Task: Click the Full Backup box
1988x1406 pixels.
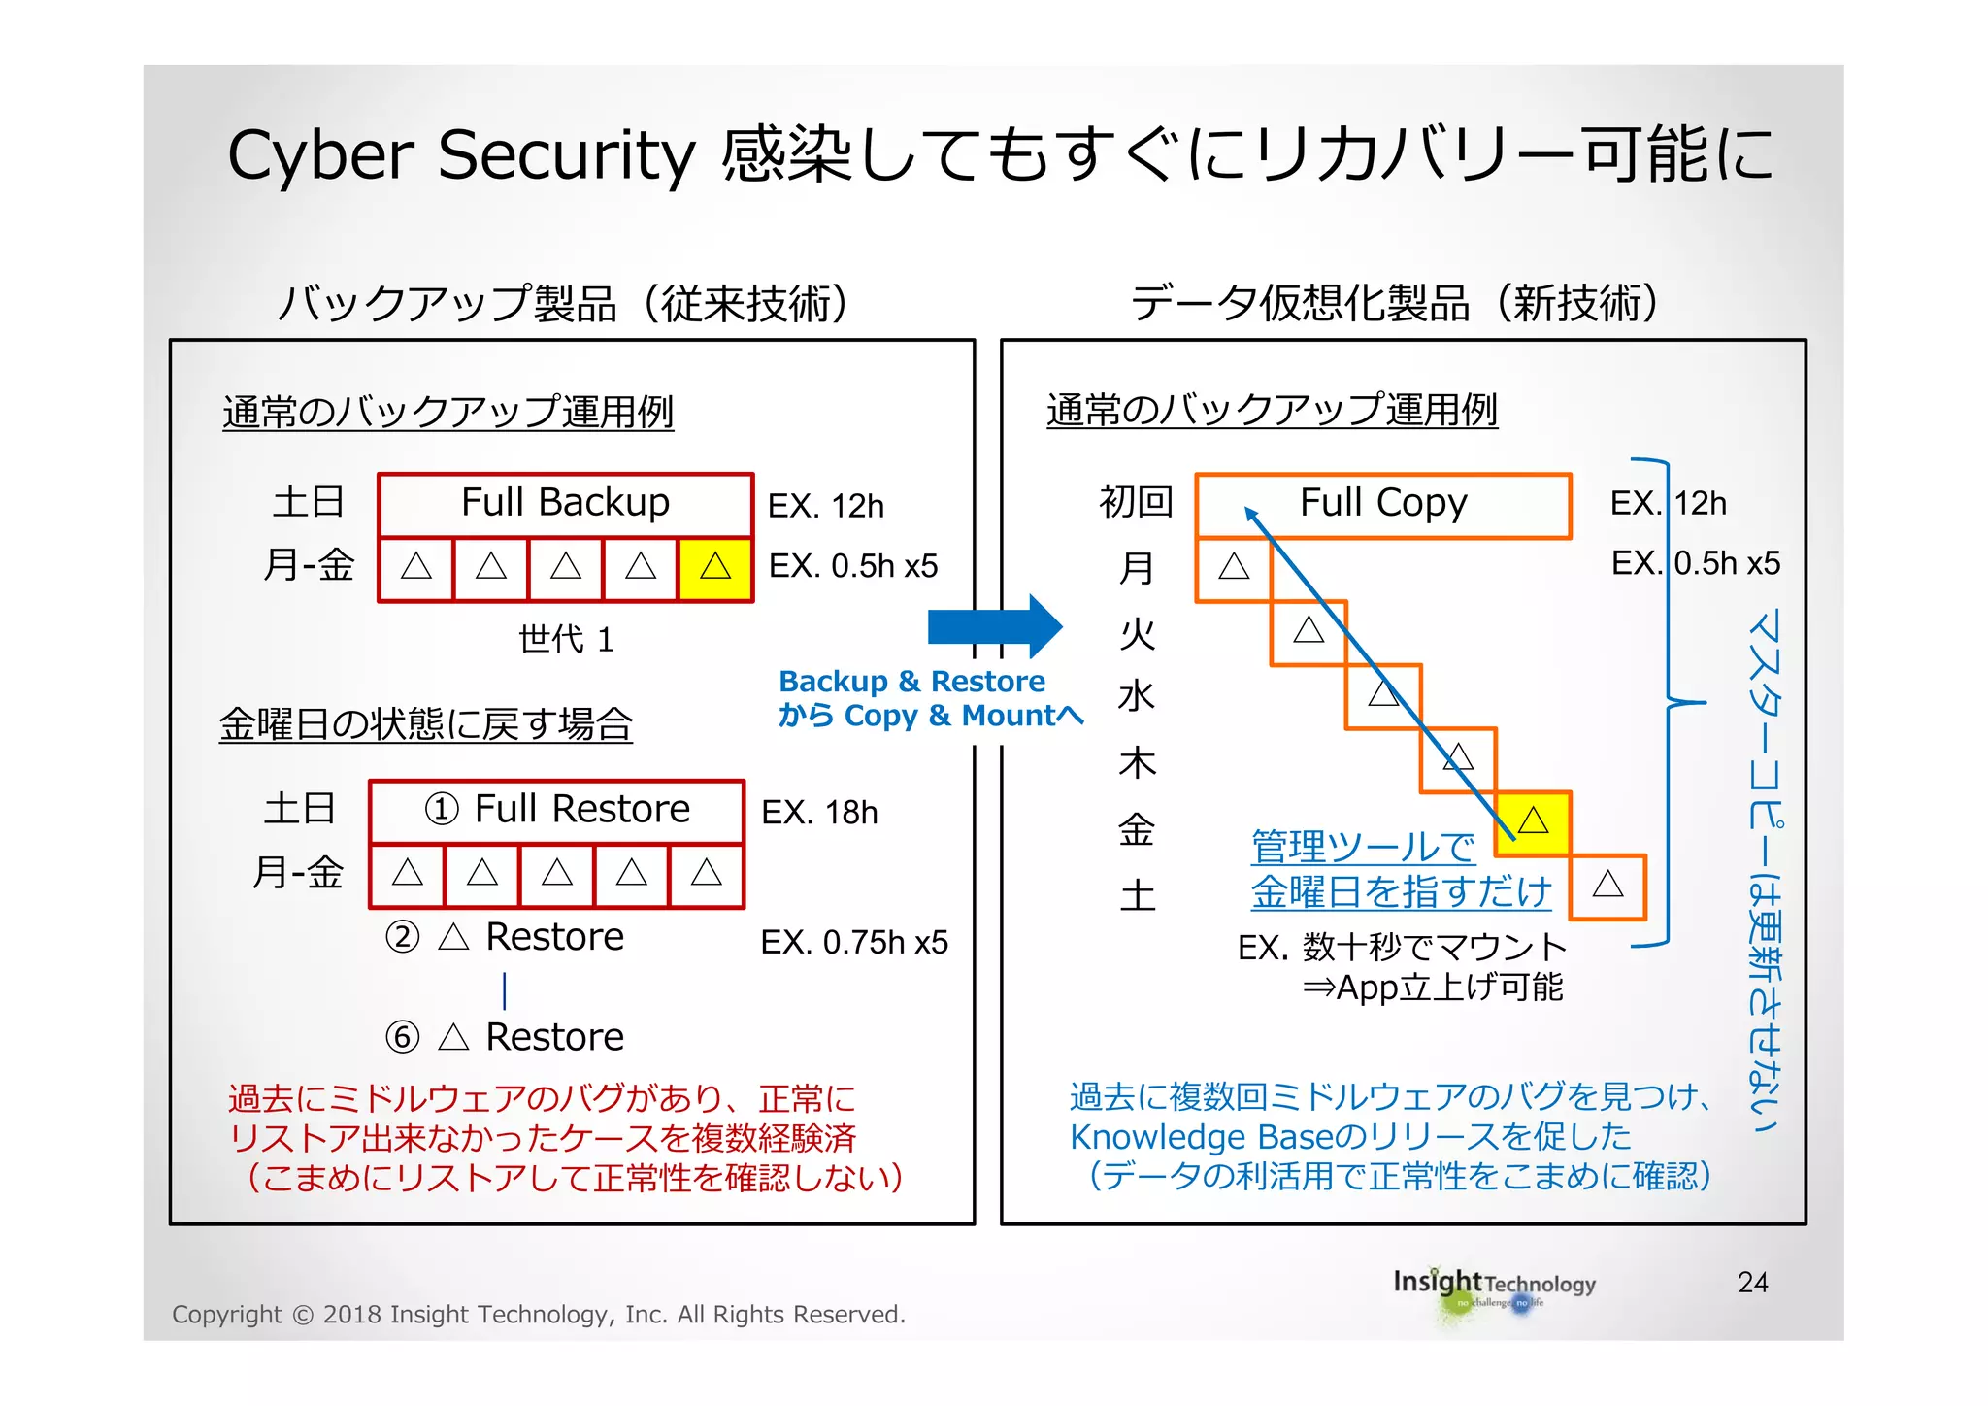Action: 565,504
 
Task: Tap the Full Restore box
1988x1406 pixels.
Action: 557,811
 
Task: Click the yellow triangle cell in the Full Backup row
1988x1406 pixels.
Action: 715,567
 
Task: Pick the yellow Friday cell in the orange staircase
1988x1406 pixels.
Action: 1533,822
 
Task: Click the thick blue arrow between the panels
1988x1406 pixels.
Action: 994,626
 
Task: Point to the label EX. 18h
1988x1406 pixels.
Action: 819,813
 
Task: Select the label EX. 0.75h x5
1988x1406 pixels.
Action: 854,942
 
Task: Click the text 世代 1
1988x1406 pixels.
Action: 566,640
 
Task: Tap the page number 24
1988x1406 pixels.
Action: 1752,1283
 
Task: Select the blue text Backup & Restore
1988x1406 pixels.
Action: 911,682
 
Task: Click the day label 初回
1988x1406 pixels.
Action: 1136,503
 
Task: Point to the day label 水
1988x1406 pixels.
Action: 1137,697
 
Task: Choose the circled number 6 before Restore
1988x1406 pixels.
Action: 403,1037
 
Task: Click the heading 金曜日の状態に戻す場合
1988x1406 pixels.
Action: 426,724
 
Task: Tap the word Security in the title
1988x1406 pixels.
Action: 566,155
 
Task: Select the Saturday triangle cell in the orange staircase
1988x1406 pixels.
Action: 1607,886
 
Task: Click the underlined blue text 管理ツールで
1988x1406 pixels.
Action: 1363,847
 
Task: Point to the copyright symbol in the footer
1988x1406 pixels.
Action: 303,1315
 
